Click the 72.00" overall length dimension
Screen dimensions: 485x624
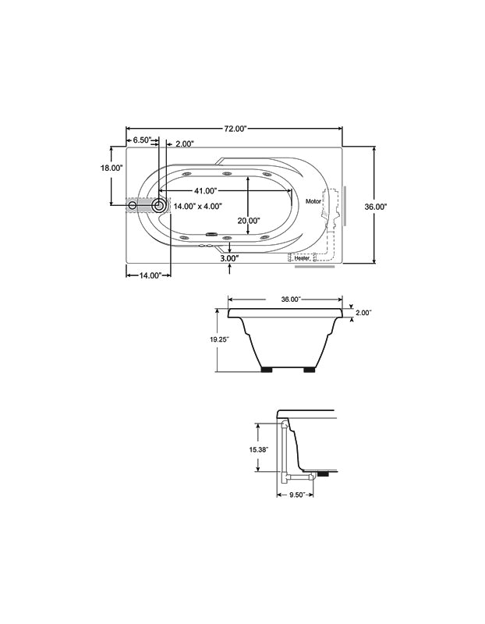235,129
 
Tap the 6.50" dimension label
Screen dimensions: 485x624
142,140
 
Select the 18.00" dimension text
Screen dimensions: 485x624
111,168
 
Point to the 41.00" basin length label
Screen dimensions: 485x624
205,191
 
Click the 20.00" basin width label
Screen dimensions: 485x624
249,220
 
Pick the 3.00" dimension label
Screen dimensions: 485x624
229,258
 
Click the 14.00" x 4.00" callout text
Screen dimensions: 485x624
198,206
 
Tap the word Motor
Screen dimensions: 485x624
313,201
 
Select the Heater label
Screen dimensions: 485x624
302,258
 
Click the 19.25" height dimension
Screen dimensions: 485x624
220,339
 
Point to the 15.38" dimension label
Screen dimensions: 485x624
259,450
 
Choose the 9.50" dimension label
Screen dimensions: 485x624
297,495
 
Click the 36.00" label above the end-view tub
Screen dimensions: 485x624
291,300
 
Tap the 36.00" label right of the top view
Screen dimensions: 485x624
376,207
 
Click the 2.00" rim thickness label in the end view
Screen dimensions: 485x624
363,313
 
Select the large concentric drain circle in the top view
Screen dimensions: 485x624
159,206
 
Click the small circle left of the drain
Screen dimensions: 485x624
133,206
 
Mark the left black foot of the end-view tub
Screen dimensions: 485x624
267,370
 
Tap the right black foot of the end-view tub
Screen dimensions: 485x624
310,370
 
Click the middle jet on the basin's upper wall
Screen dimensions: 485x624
227,173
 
